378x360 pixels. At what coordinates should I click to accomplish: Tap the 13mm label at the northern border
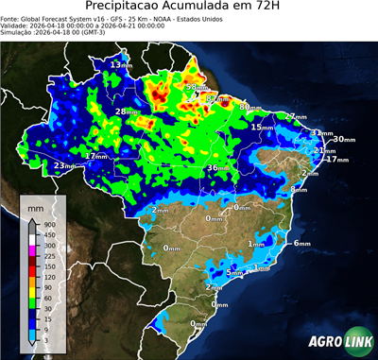pyautogui.click(x=121, y=64)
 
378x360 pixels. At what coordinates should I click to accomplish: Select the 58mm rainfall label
pyautogui.click(x=194, y=88)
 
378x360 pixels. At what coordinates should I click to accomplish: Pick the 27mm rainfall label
pyautogui.click(x=297, y=116)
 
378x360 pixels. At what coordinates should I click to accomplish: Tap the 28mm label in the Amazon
pyautogui.click(x=127, y=112)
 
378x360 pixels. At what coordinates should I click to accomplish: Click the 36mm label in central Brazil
pyautogui.click(x=217, y=168)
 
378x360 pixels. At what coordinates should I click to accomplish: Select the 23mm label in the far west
pyautogui.click(x=64, y=166)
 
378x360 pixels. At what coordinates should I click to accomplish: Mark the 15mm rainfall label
pyautogui.click(x=264, y=127)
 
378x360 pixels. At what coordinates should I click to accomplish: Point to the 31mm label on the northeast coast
pyautogui.click(x=321, y=133)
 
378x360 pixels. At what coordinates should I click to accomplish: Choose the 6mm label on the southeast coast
pyautogui.click(x=301, y=244)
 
